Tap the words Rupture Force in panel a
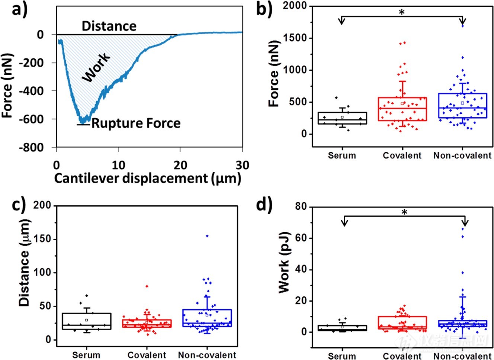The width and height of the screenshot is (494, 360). (x=136, y=123)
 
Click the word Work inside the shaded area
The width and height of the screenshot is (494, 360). (x=96, y=67)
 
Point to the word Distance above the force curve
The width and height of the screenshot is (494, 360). (x=109, y=26)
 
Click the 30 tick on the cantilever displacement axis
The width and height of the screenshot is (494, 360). (x=242, y=164)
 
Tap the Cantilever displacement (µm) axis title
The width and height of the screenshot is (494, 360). (x=148, y=179)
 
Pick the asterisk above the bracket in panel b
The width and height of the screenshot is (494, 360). (x=402, y=12)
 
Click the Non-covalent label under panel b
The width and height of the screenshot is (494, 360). (x=462, y=155)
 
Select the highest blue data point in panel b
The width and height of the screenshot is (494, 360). (x=462, y=26)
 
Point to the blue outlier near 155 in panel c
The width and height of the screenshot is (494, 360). (x=207, y=236)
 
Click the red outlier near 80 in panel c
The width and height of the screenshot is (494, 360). (x=147, y=286)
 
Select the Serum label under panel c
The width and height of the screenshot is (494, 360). (x=86, y=355)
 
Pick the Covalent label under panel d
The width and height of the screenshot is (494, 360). (x=402, y=356)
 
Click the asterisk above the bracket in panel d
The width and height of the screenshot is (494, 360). (x=405, y=212)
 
